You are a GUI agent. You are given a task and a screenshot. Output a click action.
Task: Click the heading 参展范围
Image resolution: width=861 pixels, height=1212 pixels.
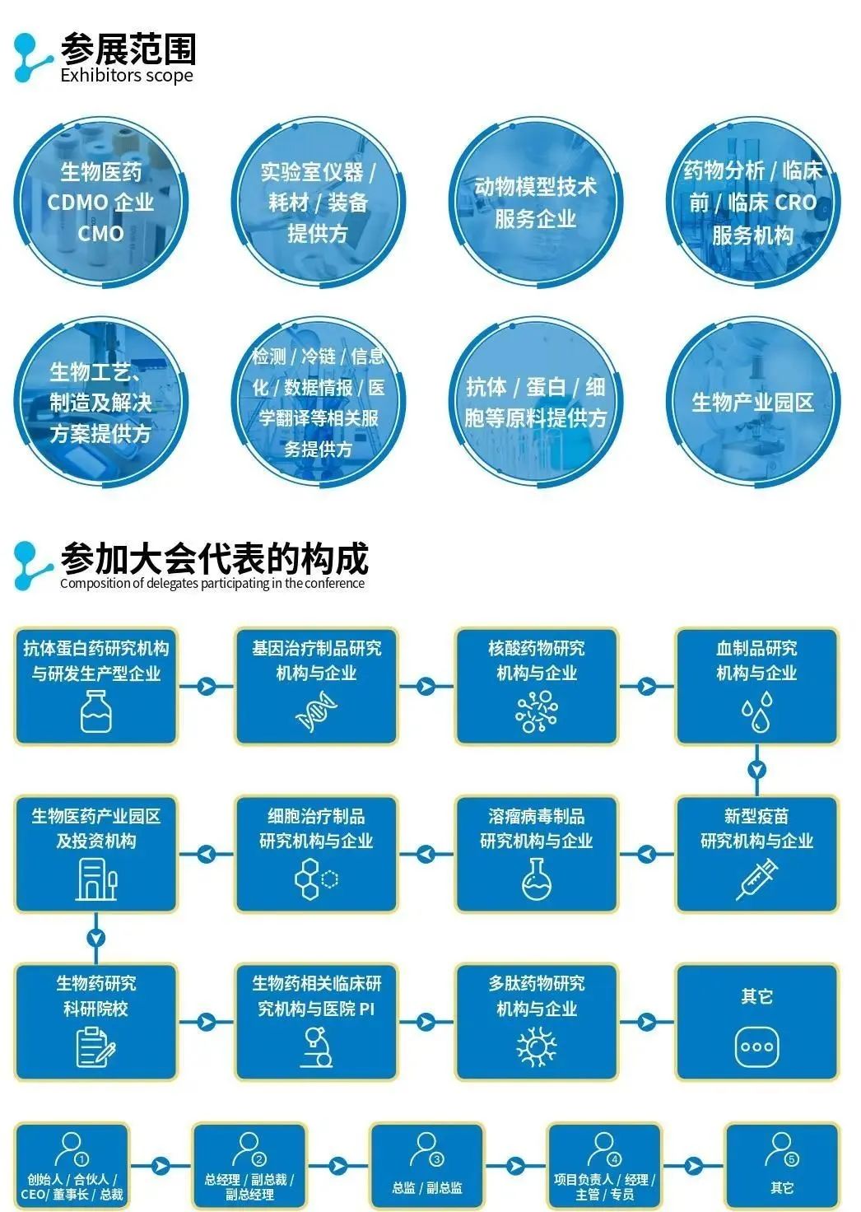pyautogui.click(x=128, y=49)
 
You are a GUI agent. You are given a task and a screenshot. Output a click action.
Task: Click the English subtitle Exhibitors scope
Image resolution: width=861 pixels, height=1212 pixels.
pyautogui.click(x=127, y=76)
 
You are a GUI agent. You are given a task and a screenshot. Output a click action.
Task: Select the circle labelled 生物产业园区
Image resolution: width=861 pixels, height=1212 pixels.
pyautogui.click(x=753, y=402)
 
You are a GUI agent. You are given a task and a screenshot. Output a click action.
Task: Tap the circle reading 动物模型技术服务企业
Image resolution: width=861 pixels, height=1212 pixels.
pyautogui.click(x=535, y=202)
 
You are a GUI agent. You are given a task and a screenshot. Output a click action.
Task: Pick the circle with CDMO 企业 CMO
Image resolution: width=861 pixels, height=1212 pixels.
pyautogui.click(x=100, y=202)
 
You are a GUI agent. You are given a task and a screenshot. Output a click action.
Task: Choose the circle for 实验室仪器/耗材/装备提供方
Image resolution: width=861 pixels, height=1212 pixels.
pyautogui.click(x=318, y=202)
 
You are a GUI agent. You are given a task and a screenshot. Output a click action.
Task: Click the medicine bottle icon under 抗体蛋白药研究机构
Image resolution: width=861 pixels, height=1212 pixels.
pyautogui.click(x=96, y=711)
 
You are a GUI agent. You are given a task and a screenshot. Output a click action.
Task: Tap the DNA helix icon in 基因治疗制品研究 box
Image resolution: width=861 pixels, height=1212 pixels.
pyautogui.click(x=316, y=711)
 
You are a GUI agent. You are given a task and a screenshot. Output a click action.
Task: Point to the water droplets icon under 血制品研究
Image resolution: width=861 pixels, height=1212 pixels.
pyautogui.click(x=756, y=711)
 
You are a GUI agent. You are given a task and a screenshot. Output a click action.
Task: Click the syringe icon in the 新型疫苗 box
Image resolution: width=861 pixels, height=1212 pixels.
pyautogui.click(x=756, y=879)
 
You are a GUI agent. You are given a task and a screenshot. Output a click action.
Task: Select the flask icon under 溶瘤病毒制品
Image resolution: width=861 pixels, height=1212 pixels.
pyautogui.click(x=537, y=879)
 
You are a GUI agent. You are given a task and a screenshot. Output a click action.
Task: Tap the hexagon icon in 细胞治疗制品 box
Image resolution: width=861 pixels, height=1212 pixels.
pyautogui.click(x=316, y=879)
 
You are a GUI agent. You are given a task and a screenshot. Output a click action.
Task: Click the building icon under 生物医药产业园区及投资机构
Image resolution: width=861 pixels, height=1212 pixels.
pyautogui.click(x=96, y=879)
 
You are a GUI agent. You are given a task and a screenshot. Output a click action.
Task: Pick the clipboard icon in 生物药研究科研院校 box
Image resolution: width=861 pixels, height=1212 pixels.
pyautogui.click(x=96, y=1047)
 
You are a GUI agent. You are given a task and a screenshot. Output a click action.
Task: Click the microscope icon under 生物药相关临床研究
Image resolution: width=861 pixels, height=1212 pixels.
pyautogui.click(x=316, y=1047)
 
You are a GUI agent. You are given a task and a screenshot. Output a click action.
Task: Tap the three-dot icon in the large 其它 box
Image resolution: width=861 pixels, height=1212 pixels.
pyautogui.click(x=756, y=1047)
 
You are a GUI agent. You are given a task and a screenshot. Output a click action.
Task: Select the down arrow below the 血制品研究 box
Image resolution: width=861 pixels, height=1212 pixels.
pyautogui.click(x=756, y=770)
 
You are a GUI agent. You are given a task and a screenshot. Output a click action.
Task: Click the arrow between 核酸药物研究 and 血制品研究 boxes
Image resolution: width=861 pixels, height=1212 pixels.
pyautogui.click(x=647, y=685)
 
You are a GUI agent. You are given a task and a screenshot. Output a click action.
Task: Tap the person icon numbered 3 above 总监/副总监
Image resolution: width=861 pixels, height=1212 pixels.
pyautogui.click(x=426, y=1149)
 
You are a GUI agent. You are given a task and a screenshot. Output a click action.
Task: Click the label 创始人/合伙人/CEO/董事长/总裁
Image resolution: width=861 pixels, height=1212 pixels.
pyautogui.click(x=72, y=1186)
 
